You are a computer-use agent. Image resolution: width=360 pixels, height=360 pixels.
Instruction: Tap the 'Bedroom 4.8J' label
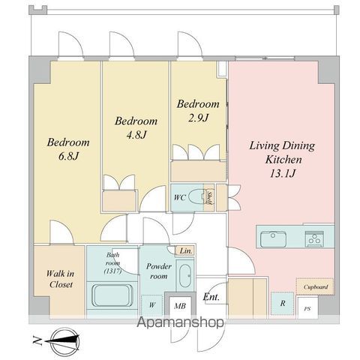tap(136, 127)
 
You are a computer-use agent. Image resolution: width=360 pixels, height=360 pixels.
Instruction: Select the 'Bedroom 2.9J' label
tap(198, 110)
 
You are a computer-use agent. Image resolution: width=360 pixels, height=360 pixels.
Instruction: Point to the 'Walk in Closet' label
tap(59, 280)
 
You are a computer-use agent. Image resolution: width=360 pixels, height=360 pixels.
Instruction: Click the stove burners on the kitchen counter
tap(314, 239)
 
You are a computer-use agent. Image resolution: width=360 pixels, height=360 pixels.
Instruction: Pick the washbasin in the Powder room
tap(184, 272)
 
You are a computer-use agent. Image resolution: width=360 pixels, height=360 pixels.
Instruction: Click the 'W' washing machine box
tap(152, 304)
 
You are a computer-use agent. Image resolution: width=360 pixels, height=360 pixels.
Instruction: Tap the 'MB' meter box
tap(180, 304)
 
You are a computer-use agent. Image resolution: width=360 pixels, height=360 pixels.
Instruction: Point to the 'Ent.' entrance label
tap(211, 298)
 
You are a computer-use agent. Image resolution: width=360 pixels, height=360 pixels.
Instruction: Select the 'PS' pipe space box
tap(307, 308)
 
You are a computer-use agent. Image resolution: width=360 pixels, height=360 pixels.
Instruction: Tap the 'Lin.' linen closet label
tap(184, 250)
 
